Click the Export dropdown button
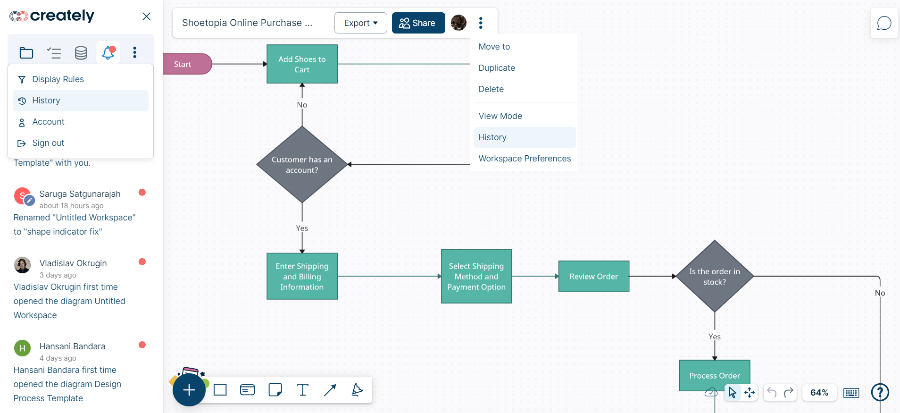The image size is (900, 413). (x=360, y=23)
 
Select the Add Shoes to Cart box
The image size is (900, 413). (x=302, y=64)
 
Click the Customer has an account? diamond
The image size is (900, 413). (x=302, y=165)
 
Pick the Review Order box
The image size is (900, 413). (x=593, y=277)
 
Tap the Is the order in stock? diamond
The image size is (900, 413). (x=715, y=277)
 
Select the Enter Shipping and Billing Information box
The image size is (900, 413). (x=302, y=277)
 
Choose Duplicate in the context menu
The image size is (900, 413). (x=497, y=68)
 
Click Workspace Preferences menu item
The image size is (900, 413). (x=525, y=159)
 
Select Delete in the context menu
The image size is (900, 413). (x=491, y=89)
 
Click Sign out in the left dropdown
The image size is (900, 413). (x=48, y=143)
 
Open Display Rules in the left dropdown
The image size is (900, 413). (x=58, y=79)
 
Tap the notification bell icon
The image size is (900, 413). (x=108, y=52)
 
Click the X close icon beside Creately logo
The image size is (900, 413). (x=147, y=17)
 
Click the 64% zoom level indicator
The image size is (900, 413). (x=819, y=393)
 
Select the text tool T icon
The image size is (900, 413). (x=303, y=390)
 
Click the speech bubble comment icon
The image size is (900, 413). (x=884, y=23)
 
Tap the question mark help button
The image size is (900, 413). (x=880, y=392)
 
